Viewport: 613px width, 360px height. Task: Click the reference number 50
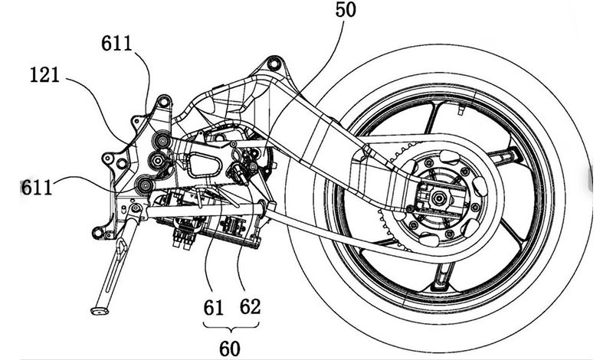pyautogui.click(x=346, y=9)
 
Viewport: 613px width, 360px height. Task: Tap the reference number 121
pyautogui.click(x=45, y=74)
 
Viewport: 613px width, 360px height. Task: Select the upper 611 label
pyautogui.click(x=116, y=43)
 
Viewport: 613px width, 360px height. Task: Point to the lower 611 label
pyautogui.click(x=36, y=188)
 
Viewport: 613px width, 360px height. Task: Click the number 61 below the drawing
pyautogui.click(x=213, y=307)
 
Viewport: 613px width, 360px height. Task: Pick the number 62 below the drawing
pyautogui.click(x=250, y=306)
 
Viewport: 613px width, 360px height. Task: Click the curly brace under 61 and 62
pyautogui.click(x=231, y=326)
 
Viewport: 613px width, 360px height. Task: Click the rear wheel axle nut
pyautogui.click(x=436, y=198)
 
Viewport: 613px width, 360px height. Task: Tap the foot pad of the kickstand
pyautogui.click(x=100, y=311)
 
